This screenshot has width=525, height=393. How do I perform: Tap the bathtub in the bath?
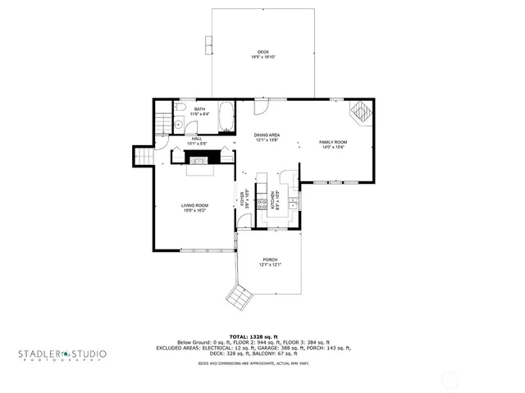pos(226,119)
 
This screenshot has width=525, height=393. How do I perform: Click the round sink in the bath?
pos(177,125)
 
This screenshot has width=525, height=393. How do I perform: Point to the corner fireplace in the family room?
pos(360,111)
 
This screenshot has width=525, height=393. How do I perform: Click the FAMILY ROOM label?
pos(333,144)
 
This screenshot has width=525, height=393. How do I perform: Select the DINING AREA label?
pos(267,137)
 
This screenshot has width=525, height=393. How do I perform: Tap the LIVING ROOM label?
pos(194,208)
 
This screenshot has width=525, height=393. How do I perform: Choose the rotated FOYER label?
pos(243,199)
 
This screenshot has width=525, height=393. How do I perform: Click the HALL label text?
pos(197,141)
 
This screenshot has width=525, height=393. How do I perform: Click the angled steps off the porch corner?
pos(242,297)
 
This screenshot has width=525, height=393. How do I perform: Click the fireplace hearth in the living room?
pos(198,170)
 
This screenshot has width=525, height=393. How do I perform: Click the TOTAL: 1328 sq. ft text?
pos(253,336)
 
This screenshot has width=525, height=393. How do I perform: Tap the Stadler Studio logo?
pos(62,354)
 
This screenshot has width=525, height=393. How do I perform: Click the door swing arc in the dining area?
pos(261,105)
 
